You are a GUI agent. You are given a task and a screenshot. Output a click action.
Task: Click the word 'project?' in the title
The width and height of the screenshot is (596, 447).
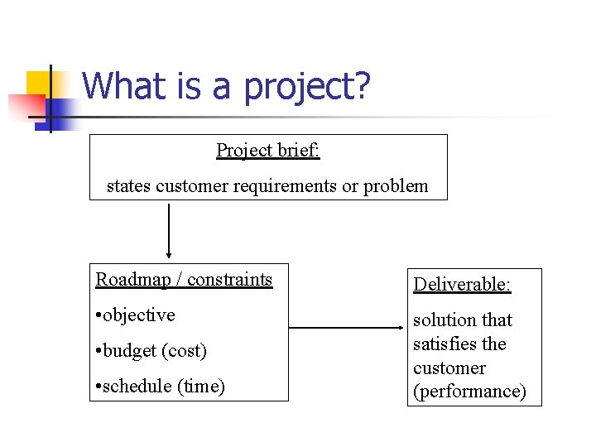tap(306, 87)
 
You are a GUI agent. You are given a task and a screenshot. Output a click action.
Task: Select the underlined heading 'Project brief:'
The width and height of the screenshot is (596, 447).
tap(268, 150)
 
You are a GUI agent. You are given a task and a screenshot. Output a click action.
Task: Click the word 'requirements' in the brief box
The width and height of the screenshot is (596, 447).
tap(286, 186)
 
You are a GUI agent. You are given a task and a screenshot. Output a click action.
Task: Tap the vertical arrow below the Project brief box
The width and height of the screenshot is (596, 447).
tap(169, 231)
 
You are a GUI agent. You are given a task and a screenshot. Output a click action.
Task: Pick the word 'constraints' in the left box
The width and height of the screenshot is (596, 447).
tap(230, 280)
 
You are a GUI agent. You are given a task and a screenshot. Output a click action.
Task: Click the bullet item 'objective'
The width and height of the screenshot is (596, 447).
tap(136, 315)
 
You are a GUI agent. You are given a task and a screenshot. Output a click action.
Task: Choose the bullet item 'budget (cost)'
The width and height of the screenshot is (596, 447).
tap(151, 351)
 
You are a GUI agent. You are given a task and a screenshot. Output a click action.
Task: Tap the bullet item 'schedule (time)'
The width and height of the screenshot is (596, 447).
tap(161, 387)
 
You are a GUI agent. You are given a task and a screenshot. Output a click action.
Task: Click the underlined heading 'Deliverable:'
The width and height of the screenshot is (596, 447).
tap(462, 285)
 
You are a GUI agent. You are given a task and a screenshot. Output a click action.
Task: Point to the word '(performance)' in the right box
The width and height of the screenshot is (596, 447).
tap(469, 392)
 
